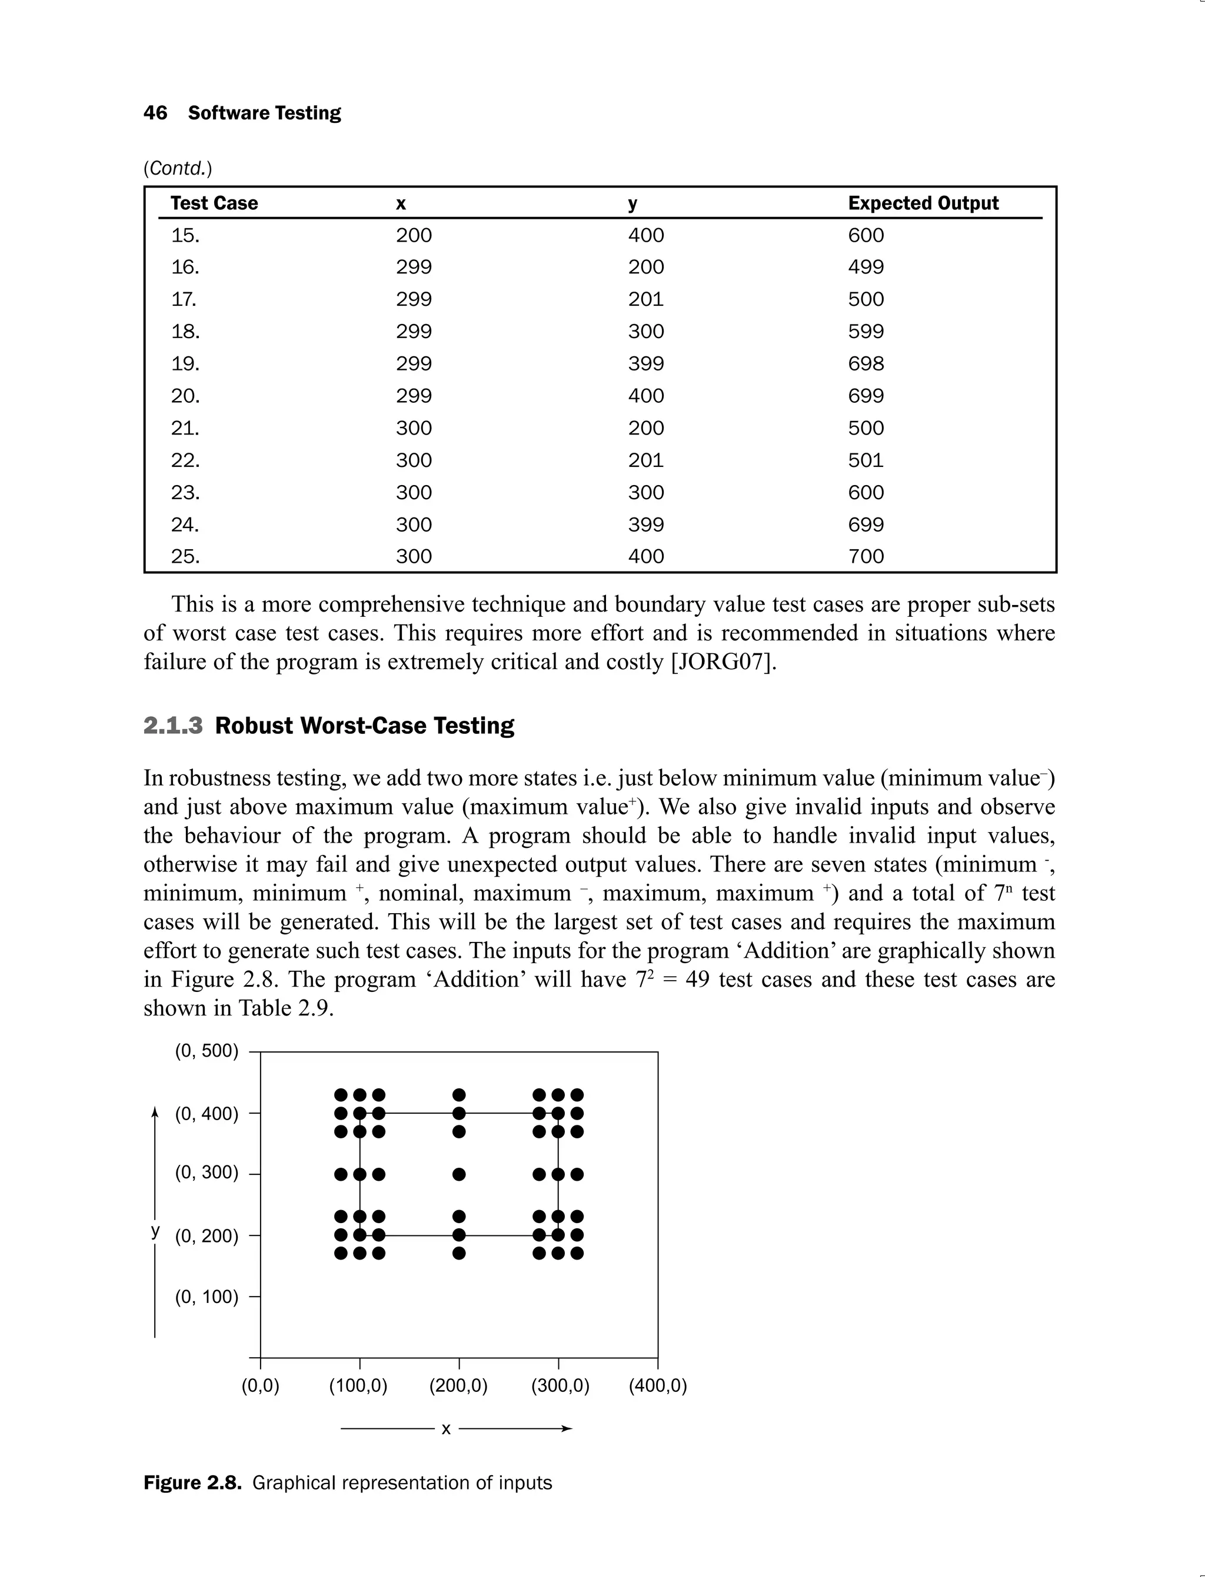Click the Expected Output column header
pyautogui.click(x=923, y=203)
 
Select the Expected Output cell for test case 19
pyautogui.click(x=866, y=363)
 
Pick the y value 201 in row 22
pyautogui.click(x=645, y=460)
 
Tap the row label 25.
pyautogui.click(x=185, y=557)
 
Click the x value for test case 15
pyautogui.click(x=414, y=235)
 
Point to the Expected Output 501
pyautogui.click(x=866, y=460)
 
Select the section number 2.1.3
pyautogui.click(x=173, y=726)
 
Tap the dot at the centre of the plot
pyautogui.click(x=459, y=1174)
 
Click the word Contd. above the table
pyautogui.click(x=178, y=168)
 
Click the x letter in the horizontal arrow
pyautogui.click(x=445, y=1429)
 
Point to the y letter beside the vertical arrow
pyautogui.click(x=155, y=1231)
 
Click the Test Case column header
pyautogui.click(x=214, y=203)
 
